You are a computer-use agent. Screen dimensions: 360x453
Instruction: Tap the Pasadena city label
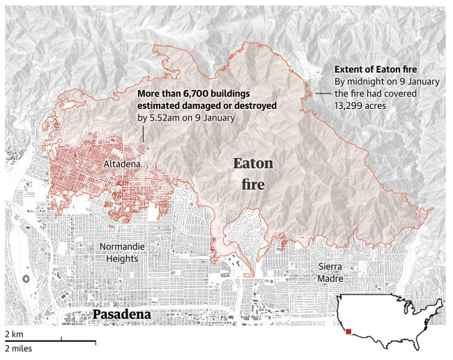click(121, 315)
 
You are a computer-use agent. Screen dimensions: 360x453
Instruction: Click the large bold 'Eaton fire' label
click(252, 174)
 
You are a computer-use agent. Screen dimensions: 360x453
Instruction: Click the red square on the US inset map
click(348, 332)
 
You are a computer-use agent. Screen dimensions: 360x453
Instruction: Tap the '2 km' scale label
click(15, 335)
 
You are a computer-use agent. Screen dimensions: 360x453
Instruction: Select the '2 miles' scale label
click(18, 348)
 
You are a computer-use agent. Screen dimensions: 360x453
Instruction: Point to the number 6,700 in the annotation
click(193, 93)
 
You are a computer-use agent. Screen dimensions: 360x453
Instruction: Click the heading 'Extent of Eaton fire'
click(376, 70)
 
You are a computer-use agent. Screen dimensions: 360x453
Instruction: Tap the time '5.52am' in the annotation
click(165, 118)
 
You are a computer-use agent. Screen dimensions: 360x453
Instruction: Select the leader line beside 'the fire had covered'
click(321, 93)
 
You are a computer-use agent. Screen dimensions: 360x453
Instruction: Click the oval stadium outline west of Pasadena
click(26, 278)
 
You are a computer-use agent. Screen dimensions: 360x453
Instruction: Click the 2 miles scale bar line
click(49, 341)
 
